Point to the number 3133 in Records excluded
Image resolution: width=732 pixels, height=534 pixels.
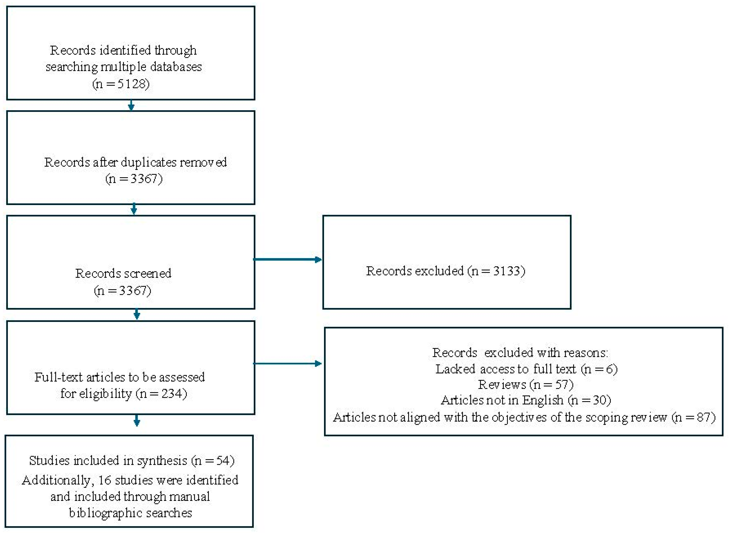507,271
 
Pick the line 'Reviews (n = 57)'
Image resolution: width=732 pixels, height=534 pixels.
525,385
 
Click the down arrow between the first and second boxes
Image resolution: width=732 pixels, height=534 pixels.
131,105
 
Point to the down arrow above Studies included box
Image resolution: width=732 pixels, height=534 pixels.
137,420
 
